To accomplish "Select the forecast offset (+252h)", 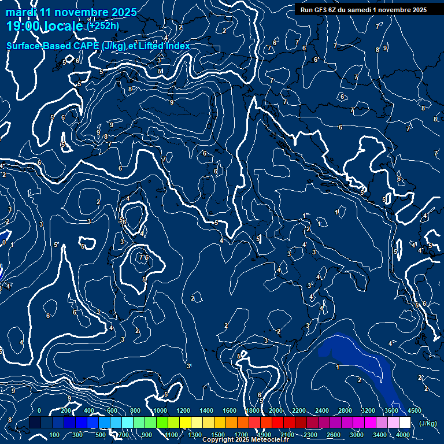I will (103, 25).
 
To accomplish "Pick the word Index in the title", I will (177, 46).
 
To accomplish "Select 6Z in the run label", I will (335, 10).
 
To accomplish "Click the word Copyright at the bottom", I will (219, 440).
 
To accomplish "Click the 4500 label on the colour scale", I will (414, 410).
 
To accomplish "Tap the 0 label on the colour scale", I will (39, 410).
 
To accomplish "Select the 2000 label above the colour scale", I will (276, 410).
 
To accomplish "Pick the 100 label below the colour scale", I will (54, 435).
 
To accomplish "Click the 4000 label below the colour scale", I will (404, 435).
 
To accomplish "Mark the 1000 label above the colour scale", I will (160, 410).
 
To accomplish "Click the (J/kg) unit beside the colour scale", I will (427, 424).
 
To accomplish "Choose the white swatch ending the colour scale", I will (405, 423).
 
